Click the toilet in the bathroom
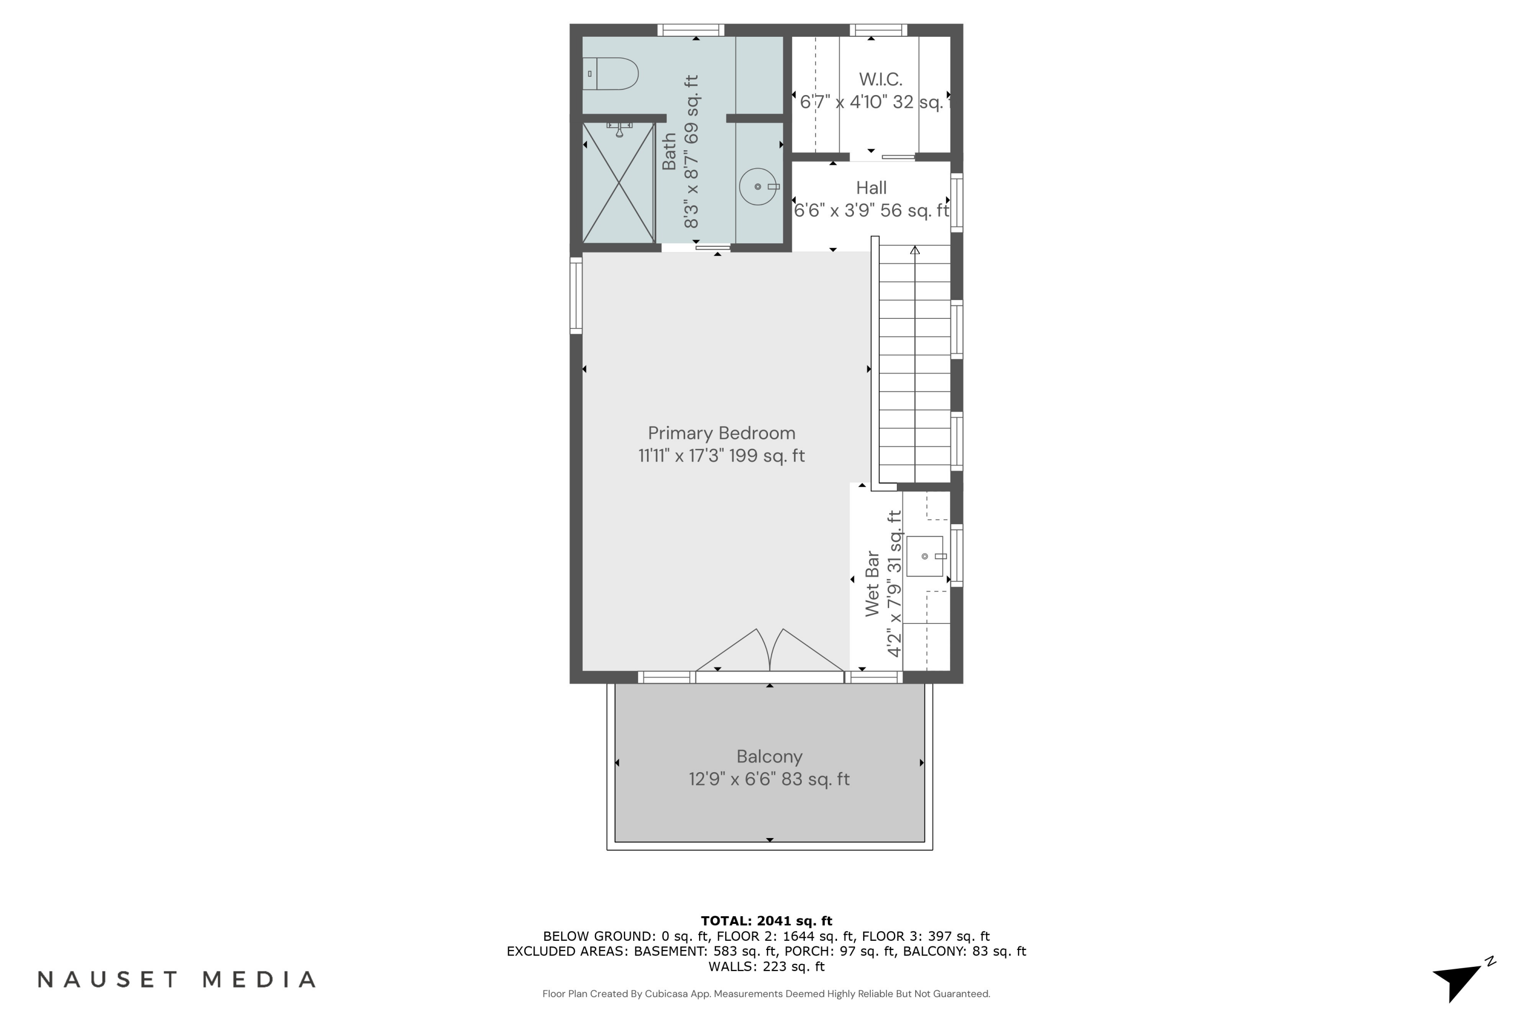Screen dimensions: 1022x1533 coord(611,74)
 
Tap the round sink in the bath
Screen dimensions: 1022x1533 coord(758,187)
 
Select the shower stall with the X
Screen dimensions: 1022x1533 coord(618,183)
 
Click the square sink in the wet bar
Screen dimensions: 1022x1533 coord(924,556)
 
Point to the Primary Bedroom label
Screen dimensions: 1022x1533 coord(721,433)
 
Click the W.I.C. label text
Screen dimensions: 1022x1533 coord(880,80)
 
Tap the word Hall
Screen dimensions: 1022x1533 coord(871,188)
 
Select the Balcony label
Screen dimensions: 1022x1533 coord(769,756)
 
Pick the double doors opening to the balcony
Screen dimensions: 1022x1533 coord(770,652)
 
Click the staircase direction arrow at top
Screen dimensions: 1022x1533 coord(915,250)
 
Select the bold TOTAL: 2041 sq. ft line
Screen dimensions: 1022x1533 coord(766,920)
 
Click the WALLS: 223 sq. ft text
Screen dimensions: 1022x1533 coord(766,967)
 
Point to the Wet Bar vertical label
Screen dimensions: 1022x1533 coord(872,584)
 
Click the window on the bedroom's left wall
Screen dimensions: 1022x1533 coord(576,296)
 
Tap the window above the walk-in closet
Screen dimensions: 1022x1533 coord(878,30)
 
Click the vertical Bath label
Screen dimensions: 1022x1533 coord(669,151)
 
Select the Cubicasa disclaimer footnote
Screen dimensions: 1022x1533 coord(766,993)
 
